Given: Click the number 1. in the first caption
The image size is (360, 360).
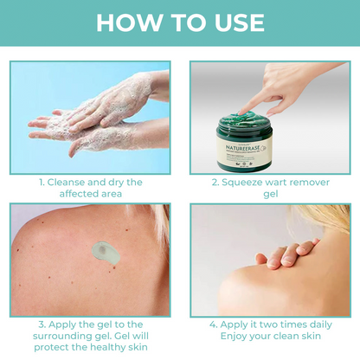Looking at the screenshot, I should coord(42,183).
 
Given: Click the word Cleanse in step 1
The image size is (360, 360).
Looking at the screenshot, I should coord(70,183).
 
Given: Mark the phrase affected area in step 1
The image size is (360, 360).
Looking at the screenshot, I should coord(91,195).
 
